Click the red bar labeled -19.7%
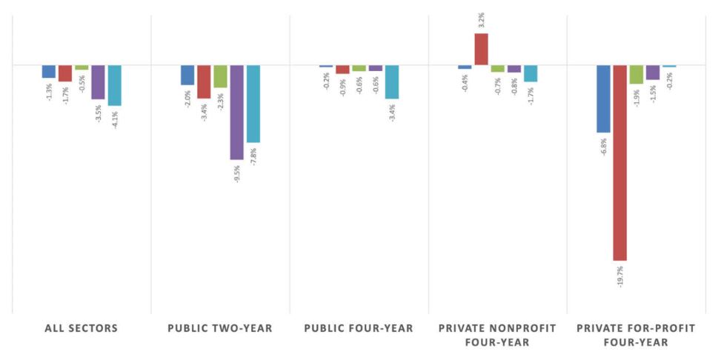[x=619, y=162]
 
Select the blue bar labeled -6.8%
[x=603, y=99]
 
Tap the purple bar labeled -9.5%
[x=236, y=112]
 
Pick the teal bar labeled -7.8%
[x=253, y=104]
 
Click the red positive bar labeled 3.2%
[x=481, y=50]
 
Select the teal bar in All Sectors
[x=114, y=85]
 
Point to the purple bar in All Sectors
[x=98, y=82]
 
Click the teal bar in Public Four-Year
[x=391, y=81]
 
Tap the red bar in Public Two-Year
[x=204, y=81]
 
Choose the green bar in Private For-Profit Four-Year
[x=636, y=74]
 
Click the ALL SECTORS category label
[x=81, y=328]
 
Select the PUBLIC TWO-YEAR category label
[x=220, y=328]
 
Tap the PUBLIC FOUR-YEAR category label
[x=359, y=328]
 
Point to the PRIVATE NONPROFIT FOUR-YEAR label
[x=498, y=335]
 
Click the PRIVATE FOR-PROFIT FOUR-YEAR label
[x=637, y=335]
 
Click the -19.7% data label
[x=620, y=276]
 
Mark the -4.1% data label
[x=115, y=119]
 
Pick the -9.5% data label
[x=237, y=173]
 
